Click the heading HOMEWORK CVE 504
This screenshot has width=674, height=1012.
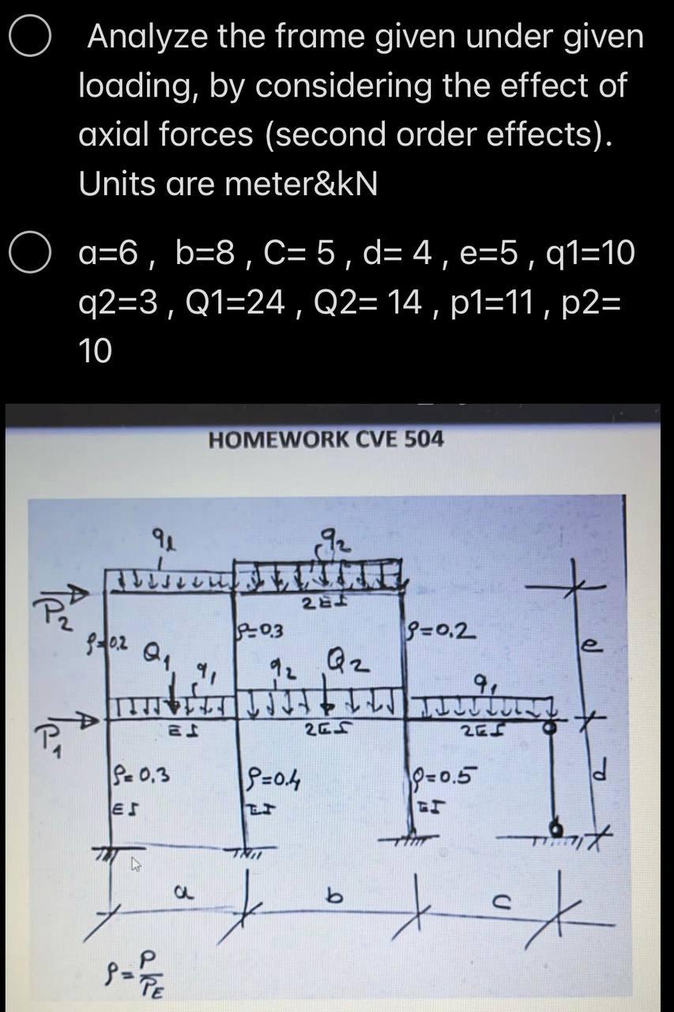[326, 439]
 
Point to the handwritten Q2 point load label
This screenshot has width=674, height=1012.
[349, 655]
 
